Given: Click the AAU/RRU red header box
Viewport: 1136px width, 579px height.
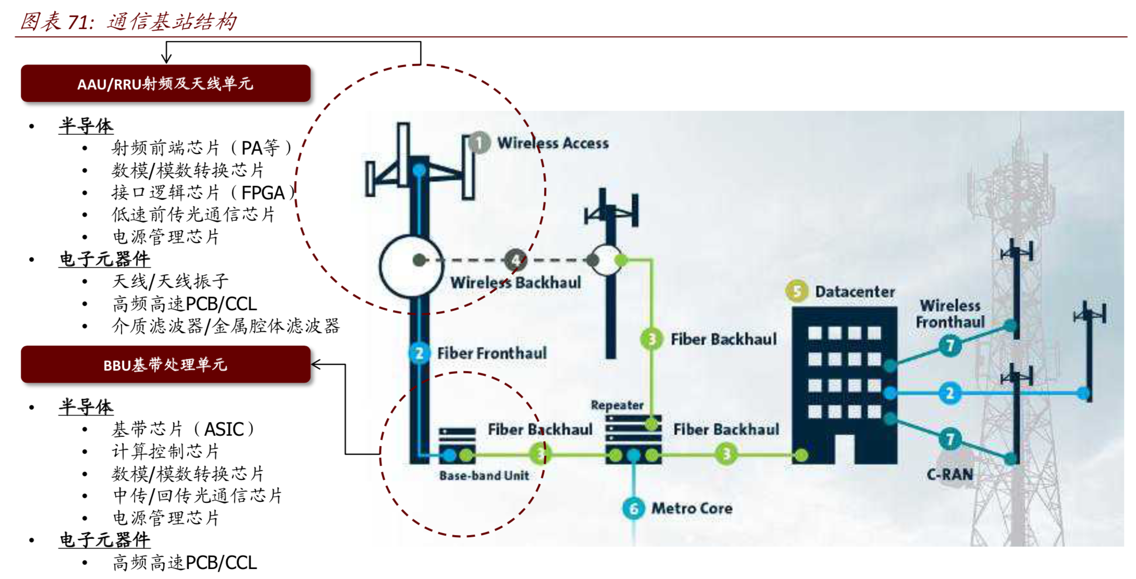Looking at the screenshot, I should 165,83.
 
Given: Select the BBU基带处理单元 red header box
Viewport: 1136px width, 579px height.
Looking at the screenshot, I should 165,364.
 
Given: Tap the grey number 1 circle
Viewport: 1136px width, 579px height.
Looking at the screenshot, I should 479,143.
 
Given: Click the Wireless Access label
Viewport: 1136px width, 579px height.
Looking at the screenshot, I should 553,143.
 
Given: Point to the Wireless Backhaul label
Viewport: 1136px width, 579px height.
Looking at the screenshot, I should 515,283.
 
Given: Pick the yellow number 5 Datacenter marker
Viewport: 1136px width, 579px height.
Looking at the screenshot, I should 797,292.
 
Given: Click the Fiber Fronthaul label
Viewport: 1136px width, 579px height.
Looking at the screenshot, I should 492,353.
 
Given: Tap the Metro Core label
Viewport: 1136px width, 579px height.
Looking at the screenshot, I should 692,508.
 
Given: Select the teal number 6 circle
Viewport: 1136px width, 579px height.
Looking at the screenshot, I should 634,508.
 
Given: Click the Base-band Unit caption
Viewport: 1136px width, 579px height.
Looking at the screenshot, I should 484,475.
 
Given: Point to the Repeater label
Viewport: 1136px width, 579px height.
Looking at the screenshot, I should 617,405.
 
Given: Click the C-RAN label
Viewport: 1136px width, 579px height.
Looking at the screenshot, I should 949,474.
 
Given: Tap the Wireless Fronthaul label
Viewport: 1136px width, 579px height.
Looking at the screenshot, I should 950,314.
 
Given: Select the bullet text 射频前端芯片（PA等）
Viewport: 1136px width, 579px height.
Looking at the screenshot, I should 202,148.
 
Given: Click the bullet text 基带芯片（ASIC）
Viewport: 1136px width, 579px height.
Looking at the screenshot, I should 183,430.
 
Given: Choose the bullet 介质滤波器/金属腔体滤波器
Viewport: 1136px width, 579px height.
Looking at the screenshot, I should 226,326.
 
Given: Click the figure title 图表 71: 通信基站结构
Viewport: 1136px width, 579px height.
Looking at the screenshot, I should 128,22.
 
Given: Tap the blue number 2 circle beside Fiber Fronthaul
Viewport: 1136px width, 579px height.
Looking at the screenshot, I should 419,354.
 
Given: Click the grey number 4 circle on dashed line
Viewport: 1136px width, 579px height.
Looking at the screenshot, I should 515,260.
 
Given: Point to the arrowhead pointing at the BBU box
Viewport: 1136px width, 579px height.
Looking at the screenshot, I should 315,364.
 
